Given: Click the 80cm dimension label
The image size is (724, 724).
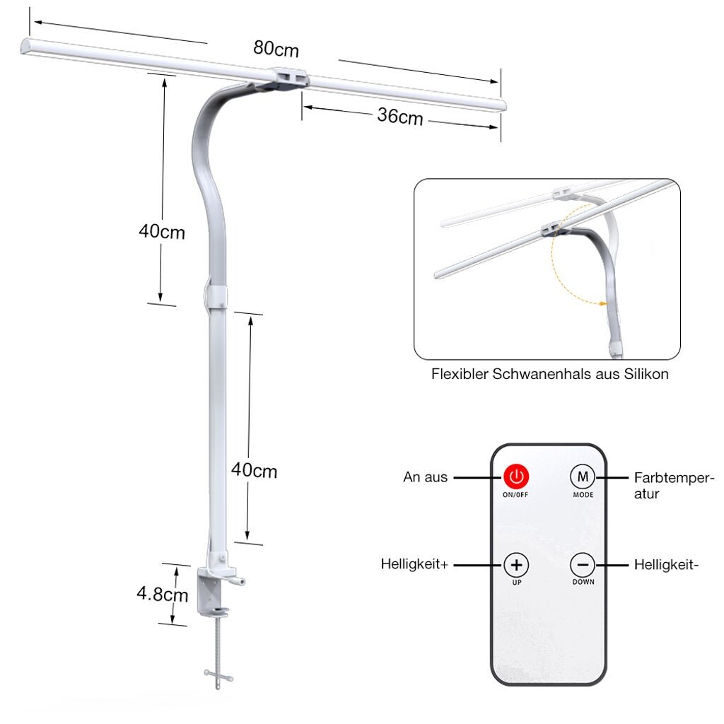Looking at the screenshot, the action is point(276,49).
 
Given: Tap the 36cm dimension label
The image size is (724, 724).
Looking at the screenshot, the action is point(400,117).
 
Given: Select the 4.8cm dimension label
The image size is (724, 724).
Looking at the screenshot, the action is point(163,594).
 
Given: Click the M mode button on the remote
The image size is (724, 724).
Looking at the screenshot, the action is point(583,477).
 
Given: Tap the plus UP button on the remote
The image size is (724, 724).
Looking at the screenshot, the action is point(516,565).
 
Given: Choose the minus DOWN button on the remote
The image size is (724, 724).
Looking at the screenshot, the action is point(583,565).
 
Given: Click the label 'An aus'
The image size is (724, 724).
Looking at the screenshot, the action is point(425,477).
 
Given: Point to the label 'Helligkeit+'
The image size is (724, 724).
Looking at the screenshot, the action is point(414,564).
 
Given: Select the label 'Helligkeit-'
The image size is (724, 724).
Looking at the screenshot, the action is point(666,564).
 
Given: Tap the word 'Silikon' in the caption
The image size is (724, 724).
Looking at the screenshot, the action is point(646,374).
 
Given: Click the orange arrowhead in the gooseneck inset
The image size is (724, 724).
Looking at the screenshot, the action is point(602,303).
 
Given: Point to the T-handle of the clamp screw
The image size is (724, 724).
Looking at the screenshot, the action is point(218,677).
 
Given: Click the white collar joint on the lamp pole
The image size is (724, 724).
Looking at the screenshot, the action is point(216,297).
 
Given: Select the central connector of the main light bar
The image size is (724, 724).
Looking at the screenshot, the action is point(288,78).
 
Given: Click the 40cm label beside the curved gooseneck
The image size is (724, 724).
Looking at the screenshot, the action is point(162,232).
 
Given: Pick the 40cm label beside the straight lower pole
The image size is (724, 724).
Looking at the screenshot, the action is point(254,470).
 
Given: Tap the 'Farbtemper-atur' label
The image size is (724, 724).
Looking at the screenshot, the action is point(674,485).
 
